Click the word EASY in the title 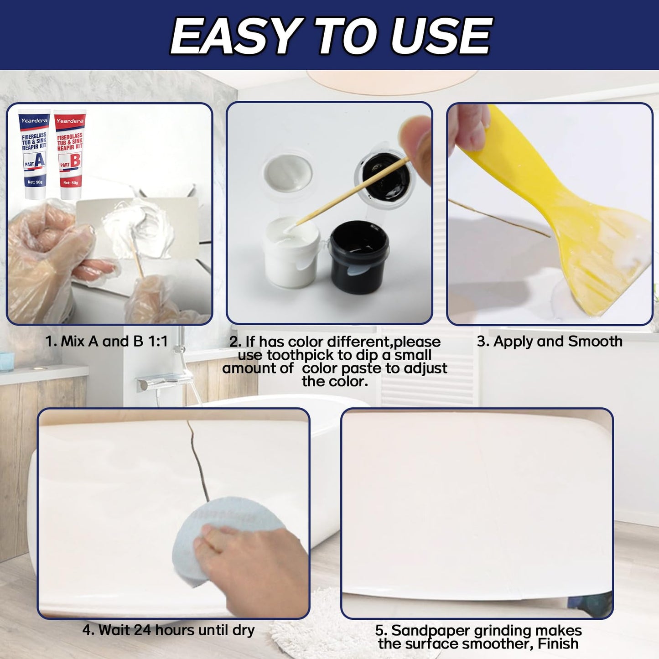(x=234, y=36)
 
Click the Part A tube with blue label (x=34, y=155)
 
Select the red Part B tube (x=70, y=155)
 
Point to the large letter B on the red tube (x=75, y=161)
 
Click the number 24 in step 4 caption (x=142, y=630)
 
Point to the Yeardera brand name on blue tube (x=34, y=121)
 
